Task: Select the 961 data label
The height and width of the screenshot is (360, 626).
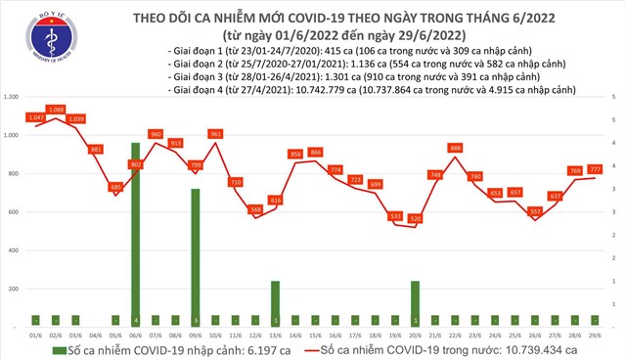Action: pyautogui.click(x=216, y=133)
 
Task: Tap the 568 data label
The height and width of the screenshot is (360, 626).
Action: pyautogui.click(x=255, y=209)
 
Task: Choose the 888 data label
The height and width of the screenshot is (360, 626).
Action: pyautogui.click(x=455, y=148)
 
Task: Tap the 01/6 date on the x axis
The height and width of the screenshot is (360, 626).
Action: pyautogui.click(x=36, y=335)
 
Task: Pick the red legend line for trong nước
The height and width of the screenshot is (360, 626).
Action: pyautogui.click(x=315, y=349)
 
